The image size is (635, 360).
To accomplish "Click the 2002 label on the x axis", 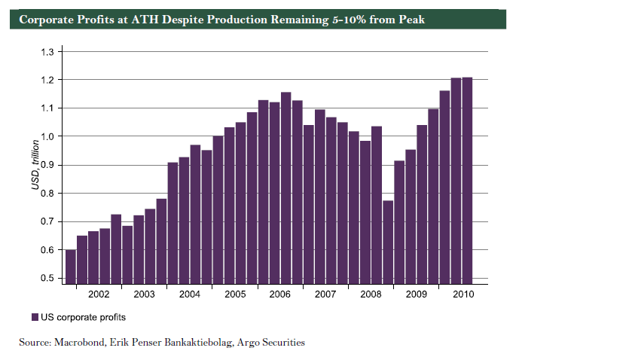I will pos(99,294).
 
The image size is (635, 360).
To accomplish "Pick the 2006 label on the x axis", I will pos(279,294).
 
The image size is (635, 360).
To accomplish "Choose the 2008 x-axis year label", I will pos(370,294).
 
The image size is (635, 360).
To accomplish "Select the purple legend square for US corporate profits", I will pos(35,317).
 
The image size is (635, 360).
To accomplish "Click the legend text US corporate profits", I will pos(83,317).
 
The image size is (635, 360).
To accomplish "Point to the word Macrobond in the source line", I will pos(78,343).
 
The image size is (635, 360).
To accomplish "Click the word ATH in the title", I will pos(144,19).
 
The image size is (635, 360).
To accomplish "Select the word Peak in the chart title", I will pos(411,19).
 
